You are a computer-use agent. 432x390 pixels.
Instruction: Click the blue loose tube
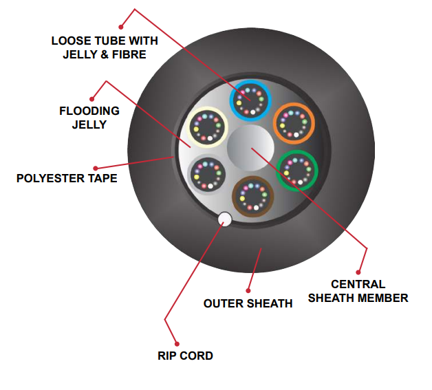(x=250, y=82)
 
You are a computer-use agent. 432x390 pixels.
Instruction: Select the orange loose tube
(x=294, y=105)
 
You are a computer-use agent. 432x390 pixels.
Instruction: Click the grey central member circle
(x=250, y=148)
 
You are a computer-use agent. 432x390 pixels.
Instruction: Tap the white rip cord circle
(x=225, y=219)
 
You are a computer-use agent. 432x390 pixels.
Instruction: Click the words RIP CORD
(x=185, y=356)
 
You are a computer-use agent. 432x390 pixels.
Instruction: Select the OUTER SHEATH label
(x=248, y=303)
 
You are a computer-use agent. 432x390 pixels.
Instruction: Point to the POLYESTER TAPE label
(x=67, y=178)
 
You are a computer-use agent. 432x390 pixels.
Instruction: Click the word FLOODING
(x=89, y=111)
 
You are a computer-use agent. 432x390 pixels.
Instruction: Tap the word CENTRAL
(x=358, y=284)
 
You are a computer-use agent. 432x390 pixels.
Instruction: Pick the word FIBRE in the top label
(x=129, y=54)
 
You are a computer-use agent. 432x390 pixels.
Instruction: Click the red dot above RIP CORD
(x=177, y=344)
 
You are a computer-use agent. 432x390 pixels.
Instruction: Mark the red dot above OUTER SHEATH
(x=248, y=290)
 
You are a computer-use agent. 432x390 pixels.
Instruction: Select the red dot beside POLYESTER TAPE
(x=96, y=169)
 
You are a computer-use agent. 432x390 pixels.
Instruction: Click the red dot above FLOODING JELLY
(x=92, y=99)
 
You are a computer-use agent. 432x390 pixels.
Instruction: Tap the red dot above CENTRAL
(x=358, y=272)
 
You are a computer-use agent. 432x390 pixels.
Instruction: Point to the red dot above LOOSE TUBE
(x=121, y=27)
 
